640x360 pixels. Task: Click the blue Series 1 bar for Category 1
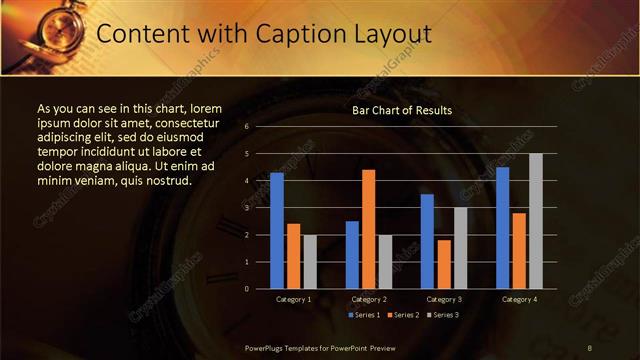click(277, 231)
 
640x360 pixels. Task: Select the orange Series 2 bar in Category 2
click(368, 229)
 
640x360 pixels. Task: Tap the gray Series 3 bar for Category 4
click(536, 221)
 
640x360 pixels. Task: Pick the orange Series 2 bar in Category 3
click(444, 264)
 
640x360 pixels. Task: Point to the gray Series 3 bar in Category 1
click(310, 262)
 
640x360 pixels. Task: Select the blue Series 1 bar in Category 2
click(352, 255)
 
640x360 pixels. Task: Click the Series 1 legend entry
click(363, 315)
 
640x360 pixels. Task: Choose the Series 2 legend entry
click(401, 315)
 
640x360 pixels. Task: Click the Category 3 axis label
click(444, 299)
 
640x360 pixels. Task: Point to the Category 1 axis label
click(293, 299)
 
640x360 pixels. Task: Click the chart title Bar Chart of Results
click(402, 110)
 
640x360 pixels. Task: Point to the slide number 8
click(591, 346)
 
